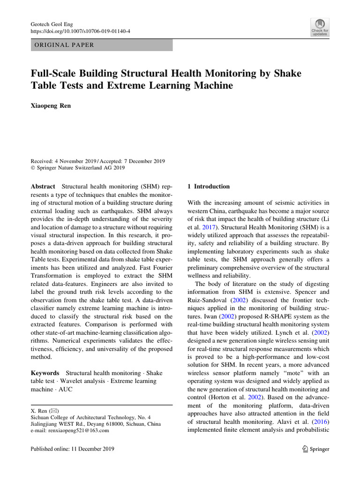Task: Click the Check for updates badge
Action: point(319,27)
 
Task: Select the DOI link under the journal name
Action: point(80,31)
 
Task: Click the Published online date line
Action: point(72,449)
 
